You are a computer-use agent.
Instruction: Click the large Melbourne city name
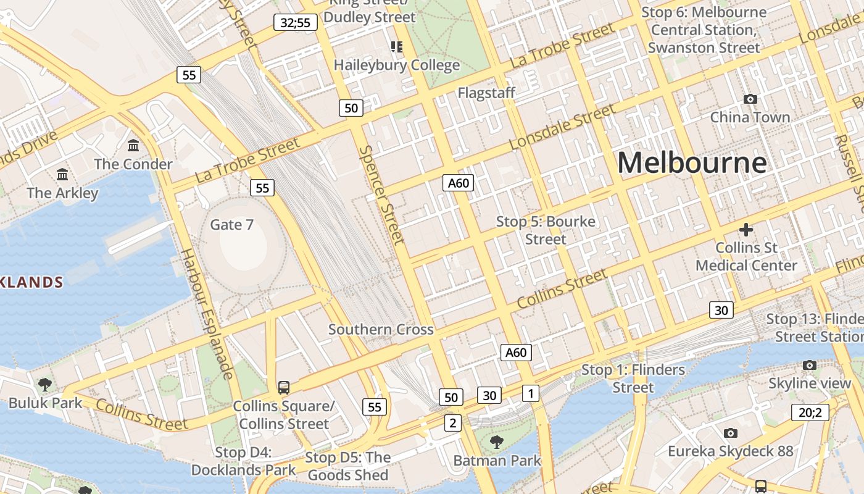[x=692, y=163]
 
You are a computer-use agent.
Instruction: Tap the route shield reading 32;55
[x=296, y=23]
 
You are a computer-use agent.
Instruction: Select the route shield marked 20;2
[x=810, y=412]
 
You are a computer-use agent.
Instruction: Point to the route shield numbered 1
[x=530, y=393]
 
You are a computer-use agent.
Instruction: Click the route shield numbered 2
[x=453, y=423]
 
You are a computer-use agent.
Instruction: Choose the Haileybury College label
[x=396, y=65]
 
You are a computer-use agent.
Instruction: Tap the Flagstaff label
[x=486, y=93]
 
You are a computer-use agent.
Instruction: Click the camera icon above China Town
[x=750, y=99]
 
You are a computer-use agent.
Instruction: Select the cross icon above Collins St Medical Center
[x=746, y=230]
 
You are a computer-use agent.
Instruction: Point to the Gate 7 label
[x=231, y=224]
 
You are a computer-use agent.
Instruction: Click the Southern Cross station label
[x=381, y=329]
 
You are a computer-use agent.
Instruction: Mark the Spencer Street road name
[x=381, y=195]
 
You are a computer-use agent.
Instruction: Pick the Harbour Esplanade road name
[x=207, y=314]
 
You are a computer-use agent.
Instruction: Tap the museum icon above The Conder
[x=133, y=146]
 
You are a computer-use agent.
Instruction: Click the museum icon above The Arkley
[x=62, y=175]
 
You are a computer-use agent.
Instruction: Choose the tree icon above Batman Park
[x=497, y=442]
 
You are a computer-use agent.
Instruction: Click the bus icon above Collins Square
[x=284, y=388]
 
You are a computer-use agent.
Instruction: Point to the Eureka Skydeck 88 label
[x=730, y=451]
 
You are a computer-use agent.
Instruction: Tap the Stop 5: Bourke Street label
[x=546, y=230]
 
